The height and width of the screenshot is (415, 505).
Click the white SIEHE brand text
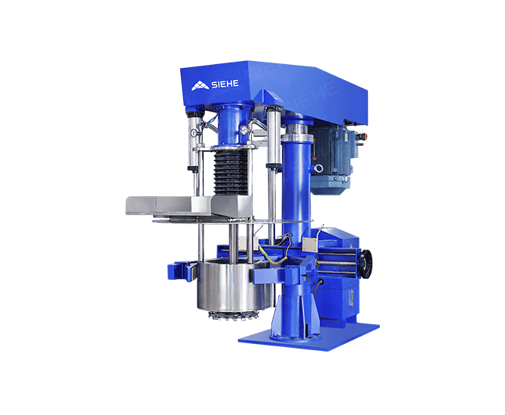point(225,85)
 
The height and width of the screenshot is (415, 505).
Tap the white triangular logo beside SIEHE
point(200,86)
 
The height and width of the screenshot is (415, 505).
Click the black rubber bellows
point(231,172)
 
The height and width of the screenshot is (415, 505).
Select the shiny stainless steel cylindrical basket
point(233,286)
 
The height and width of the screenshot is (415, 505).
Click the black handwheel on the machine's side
point(366,263)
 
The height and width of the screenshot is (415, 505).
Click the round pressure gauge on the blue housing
point(243,130)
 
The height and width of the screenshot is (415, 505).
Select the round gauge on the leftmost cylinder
point(194,133)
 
